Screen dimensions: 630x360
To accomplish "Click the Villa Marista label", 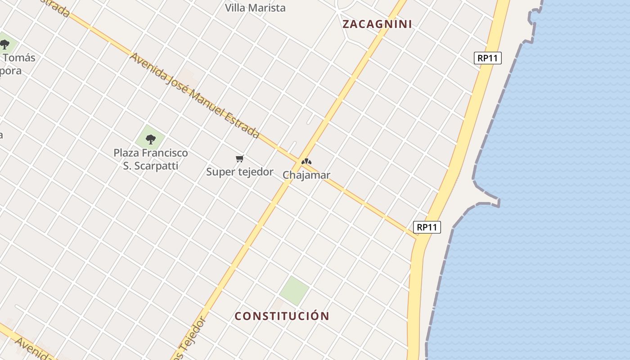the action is click(255, 8).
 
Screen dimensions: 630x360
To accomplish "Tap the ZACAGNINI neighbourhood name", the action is click(377, 24).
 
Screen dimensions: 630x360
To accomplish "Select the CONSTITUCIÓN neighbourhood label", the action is click(282, 316).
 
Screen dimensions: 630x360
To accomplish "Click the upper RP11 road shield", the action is click(488, 58).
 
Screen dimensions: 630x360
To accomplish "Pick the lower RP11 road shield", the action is click(427, 227).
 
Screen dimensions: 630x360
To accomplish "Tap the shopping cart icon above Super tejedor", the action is click(240, 158).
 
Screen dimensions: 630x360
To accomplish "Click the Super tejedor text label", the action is click(240, 172).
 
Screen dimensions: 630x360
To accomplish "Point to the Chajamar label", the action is click(306, 175).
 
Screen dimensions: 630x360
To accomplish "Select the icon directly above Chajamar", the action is click(306, 162).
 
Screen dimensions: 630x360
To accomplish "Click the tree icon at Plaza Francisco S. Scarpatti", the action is click(151, 139).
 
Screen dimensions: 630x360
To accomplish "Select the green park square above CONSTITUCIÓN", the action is click(294, 290).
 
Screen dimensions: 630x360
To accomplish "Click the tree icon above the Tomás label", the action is click(5, 44).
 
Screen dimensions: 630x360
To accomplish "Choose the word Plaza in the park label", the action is click(126, 153).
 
